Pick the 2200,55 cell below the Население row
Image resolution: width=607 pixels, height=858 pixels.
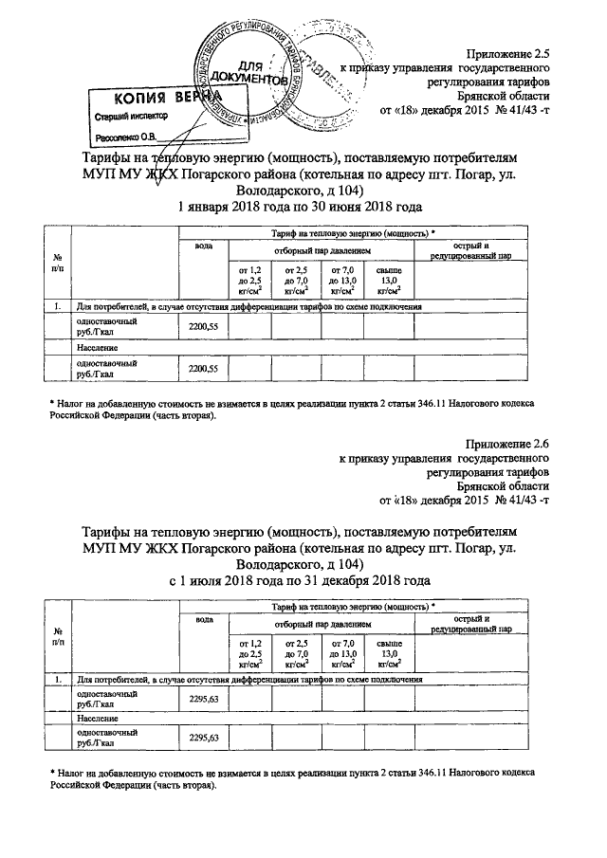point(204,368)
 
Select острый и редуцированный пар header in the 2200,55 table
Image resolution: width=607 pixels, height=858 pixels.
point(471,251)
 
